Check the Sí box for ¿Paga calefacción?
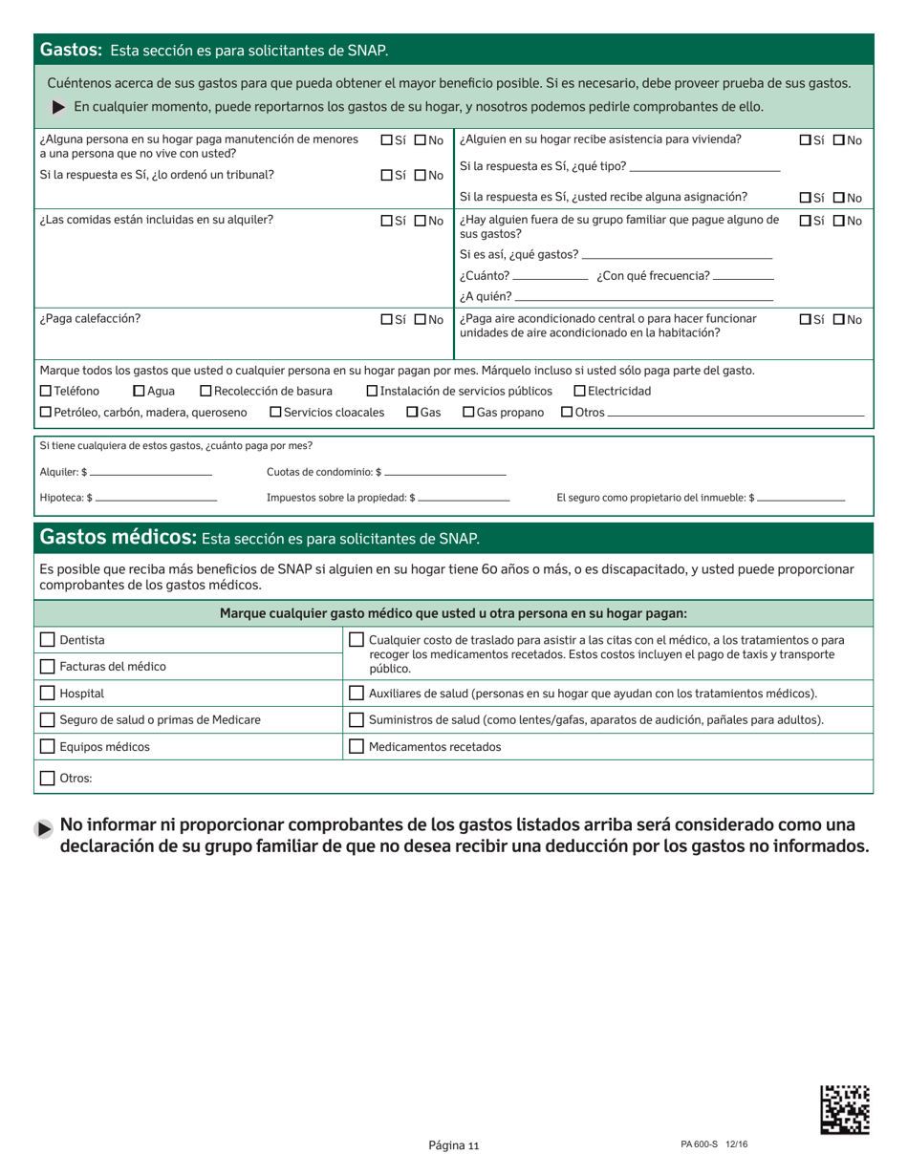pyautogui.click(x=386, y=320)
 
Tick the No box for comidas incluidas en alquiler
pyautogui.click(x=420, y=221)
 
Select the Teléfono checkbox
pyautogui.click(x=46, y=391)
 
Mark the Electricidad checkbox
pyautogui.click(x=579, y=391)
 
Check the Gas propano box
pyautogui.click(x=468, y=412)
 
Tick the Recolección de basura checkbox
pyautogui.click(x=205, y=391)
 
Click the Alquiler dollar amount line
pyautogui.click(x=151, y=473)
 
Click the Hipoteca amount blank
pyautogui.click(x=157, y=498)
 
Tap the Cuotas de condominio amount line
pyautogui.click(x=444, y=473)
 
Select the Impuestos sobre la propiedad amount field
pyautogui.click(x=465, y=498)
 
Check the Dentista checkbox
pyautogui.click(x=48, y=640)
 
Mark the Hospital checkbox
pyautogui.click(x=48, y=694)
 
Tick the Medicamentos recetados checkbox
pyautogui.click(x=357, y=747)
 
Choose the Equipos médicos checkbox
pyautogui.click(x=48, y=747)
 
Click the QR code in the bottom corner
pyautogui.click(x=845, y=1109)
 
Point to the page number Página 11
pyautogui.click(x=453, y=1146)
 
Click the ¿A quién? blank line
pyautogui.click(x=643, y=298)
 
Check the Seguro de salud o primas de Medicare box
pyautogui.click(x=48, y=720)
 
